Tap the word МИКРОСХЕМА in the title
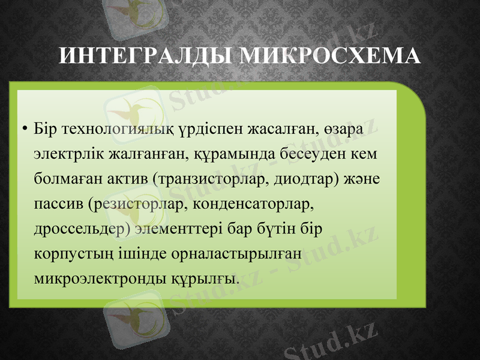pyautogui.click(x=330, y=56)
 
